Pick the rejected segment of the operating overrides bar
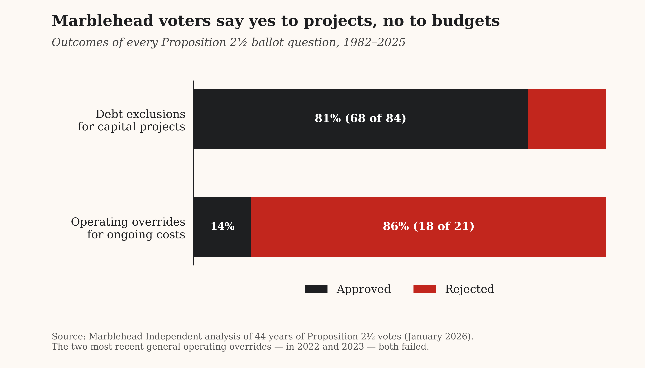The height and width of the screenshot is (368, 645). (x=428, y=243)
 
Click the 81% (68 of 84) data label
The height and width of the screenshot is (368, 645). (x=360, y=118)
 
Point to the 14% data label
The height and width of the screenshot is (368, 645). (x=222, y=227)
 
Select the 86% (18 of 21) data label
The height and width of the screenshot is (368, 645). (x=428, y=227)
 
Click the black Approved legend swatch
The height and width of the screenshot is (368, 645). (x=316, y=289)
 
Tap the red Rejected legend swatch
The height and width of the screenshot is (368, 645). (x=424, y=289)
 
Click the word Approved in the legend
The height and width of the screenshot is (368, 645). (x=364, y=289)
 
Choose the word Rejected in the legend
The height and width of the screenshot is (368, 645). (x=470, y=289)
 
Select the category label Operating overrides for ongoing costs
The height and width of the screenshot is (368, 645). (x=128, y=228)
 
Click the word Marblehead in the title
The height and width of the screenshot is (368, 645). (x=103, y=21)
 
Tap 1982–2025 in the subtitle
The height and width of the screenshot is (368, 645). (x=374, y=43)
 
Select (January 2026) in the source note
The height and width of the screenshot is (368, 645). (x=438, y=337)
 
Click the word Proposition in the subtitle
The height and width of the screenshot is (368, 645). (x=194, y=43)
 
